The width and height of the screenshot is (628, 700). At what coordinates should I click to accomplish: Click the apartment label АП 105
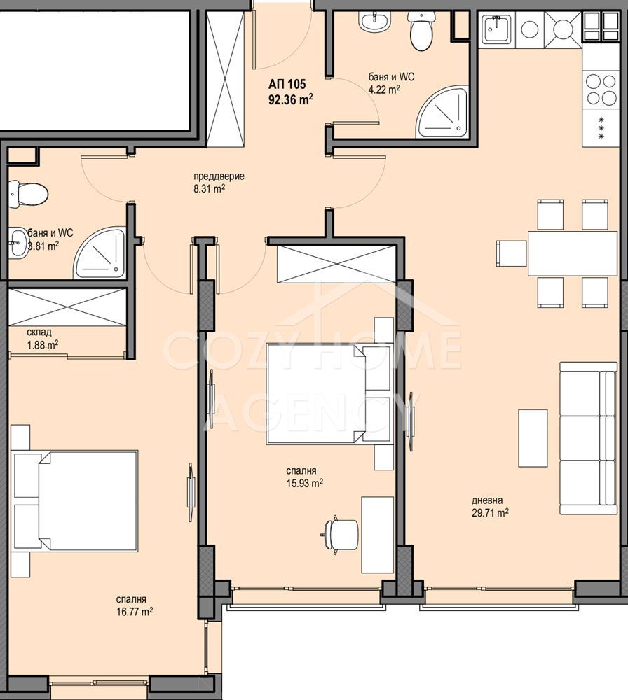[x=287, y=84]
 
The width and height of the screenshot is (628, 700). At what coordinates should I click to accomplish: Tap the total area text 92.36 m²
[x=290, y=99]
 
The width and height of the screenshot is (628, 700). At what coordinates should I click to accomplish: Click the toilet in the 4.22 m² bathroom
[x=420, y=31]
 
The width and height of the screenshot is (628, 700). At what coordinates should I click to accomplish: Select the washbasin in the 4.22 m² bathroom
[x=375, y=22]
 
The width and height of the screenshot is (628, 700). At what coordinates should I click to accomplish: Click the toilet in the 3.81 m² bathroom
[x=28, y=194]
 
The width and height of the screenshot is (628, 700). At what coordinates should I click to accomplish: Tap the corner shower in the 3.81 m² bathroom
[x=100, y=253]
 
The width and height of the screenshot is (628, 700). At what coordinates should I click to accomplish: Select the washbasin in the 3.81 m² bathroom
[x=18, y=242]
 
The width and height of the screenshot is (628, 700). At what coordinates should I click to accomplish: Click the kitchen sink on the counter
[x=497, y=29]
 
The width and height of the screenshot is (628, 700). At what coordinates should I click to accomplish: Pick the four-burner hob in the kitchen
[x=601, y=90]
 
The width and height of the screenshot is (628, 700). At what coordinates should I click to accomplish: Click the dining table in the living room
[x=572, y=253]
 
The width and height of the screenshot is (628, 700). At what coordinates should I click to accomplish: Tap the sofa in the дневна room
[x=589, y=438]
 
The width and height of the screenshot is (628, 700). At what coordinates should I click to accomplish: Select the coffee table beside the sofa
[x=533, y=438]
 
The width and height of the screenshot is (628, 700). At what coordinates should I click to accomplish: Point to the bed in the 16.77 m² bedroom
[x=74, y=500]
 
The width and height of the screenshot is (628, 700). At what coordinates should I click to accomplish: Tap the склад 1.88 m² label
[x=43, y=338]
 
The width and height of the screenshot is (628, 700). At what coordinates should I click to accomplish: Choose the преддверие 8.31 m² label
[x=219, y=182]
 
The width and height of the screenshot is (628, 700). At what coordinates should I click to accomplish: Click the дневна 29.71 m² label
[x=491, y=507]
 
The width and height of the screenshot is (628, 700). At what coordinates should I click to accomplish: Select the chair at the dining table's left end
[x=512, y=253]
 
